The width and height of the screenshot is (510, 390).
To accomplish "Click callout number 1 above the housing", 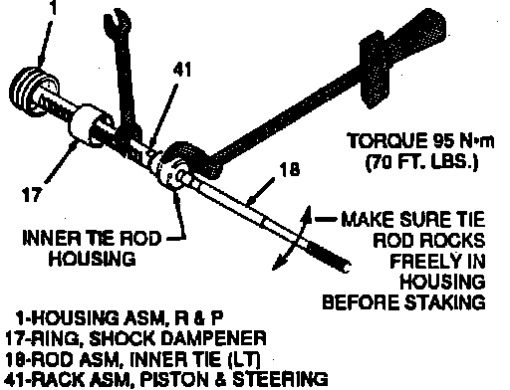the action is point(53,7).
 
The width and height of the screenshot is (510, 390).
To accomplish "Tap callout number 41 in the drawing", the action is point(182,70).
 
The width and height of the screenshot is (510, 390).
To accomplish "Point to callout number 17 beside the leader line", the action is point(33,194).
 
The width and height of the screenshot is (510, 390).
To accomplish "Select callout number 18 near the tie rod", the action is point(290,169).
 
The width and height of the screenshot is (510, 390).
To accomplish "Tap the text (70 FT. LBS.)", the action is point(421,162).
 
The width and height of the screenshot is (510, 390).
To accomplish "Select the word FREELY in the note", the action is point(422,261).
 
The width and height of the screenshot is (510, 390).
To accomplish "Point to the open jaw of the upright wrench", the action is point(118,22).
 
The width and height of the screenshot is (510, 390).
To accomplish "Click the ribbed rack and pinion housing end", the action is point(32,90).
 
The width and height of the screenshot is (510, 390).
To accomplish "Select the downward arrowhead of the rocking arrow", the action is point(278,264).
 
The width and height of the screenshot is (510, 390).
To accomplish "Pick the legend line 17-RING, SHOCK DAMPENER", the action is point(135,339).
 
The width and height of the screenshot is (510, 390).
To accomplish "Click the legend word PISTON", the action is point(174,379).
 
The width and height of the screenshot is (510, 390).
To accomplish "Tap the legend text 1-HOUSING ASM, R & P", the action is point(119,318).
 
